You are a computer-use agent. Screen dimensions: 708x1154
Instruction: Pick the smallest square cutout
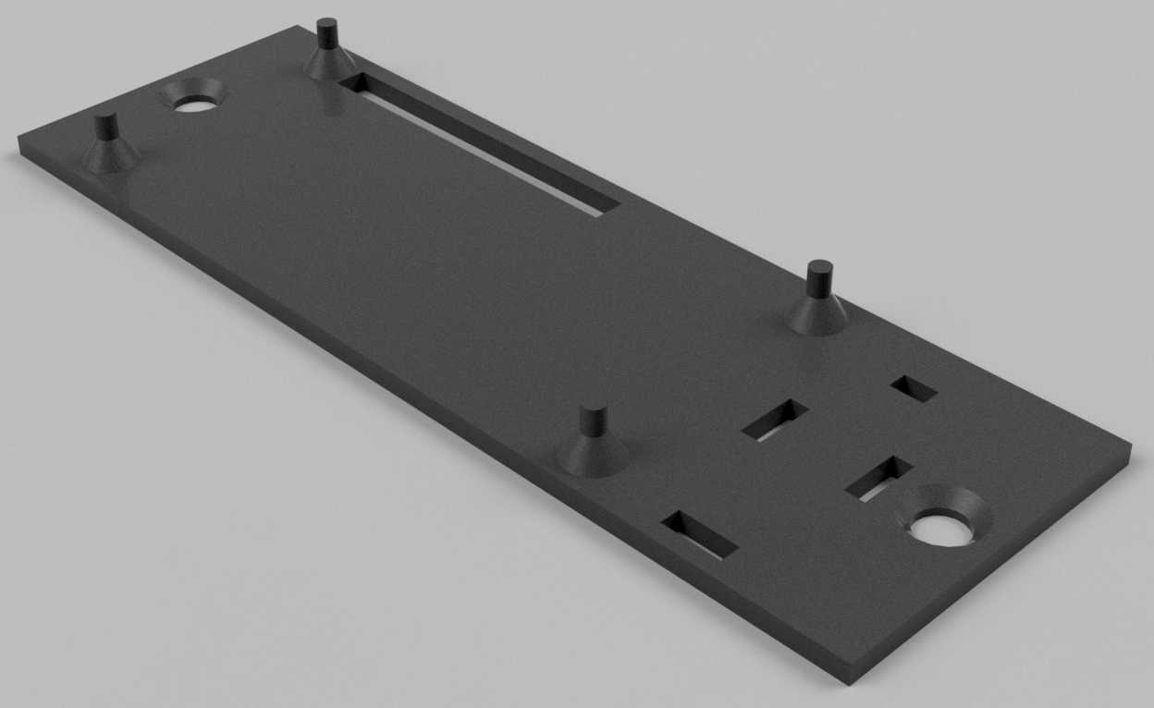click(914, 389)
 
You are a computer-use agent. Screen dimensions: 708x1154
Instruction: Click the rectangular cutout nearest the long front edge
click(700, 535)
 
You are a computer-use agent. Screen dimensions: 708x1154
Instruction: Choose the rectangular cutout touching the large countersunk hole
click(878, 478)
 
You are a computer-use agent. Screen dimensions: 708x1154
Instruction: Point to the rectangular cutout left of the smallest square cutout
click(775, 421)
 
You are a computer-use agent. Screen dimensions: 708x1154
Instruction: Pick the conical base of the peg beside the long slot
click(329, 64)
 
